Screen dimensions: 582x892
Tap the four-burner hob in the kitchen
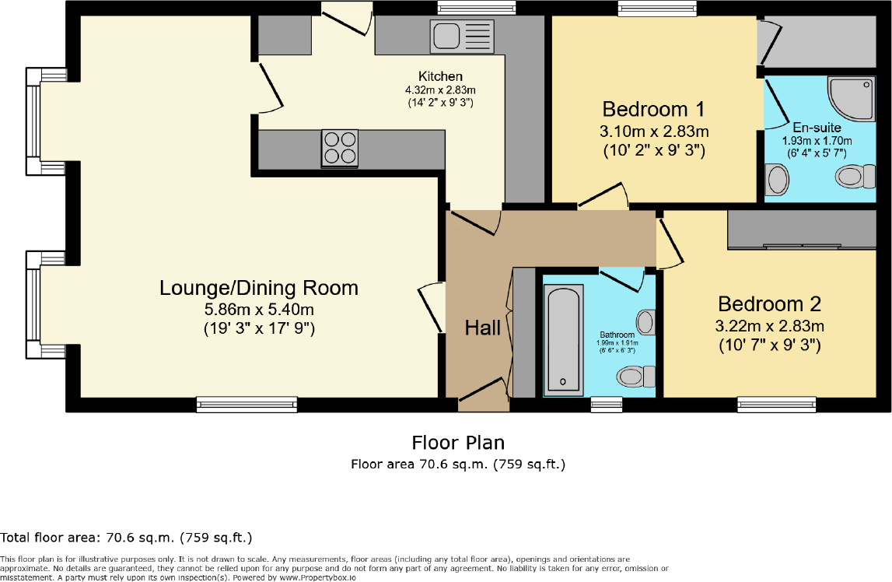[x=340, y=147]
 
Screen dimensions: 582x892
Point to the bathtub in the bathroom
[x=562, y=338]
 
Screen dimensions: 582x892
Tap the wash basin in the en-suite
[x=777, y=181]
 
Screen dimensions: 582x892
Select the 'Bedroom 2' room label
[x=769, y=303]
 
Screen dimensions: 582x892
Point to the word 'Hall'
[x=483, y=328]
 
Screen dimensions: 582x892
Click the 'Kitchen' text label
[x=440, y=76]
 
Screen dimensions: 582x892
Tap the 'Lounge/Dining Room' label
[x=259, y=288]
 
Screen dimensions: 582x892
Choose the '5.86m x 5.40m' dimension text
[x=259, y=310]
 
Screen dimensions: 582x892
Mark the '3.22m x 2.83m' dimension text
[x=770, y=325]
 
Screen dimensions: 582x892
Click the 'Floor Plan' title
[x=458, y=443]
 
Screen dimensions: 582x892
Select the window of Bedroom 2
[x=777, y=404]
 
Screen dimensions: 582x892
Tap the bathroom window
[x=606, y=404]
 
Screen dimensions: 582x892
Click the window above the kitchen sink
[x=477, y=8]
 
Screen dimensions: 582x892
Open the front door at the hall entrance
[x=483, y=393]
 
